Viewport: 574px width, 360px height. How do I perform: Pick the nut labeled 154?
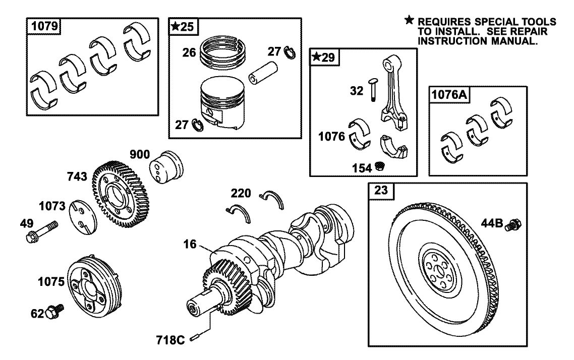[380, 166]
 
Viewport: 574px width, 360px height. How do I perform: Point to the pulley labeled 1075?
[94, 287]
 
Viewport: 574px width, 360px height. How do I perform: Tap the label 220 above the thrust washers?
[242, 193]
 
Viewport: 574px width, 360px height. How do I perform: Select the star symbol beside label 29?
[316, 57]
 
